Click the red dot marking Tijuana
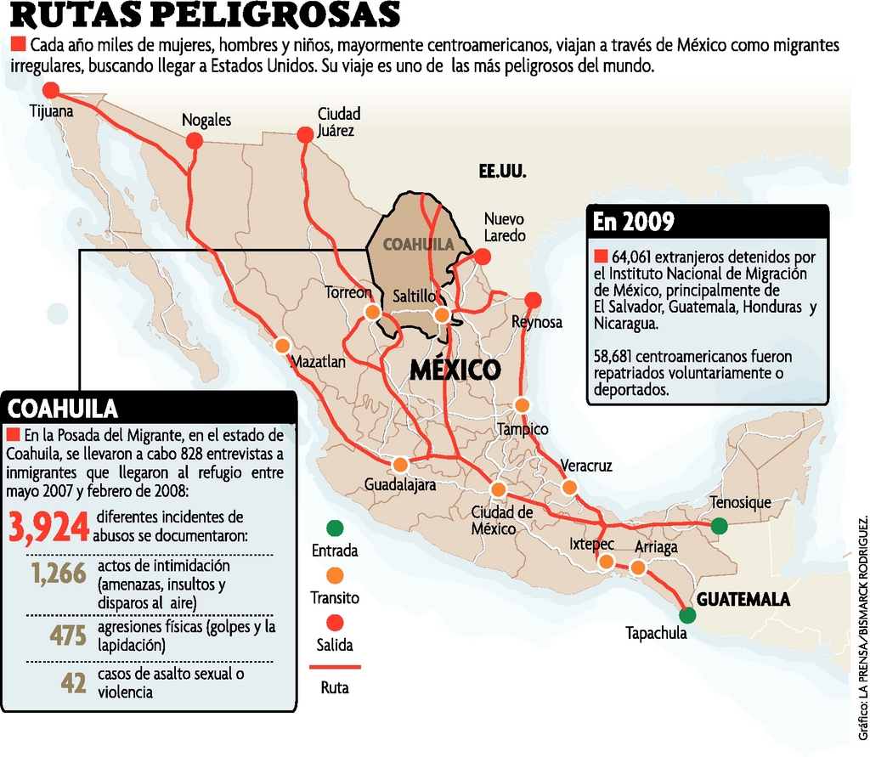point(51,90)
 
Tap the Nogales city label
point(206,121)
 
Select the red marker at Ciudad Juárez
point(304,134)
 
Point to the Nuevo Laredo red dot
point(483,256)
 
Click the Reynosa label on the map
point(536,322)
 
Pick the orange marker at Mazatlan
point(282,345)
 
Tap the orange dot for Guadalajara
point(400,465)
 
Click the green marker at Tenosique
point(719,526)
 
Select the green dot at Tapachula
point(687,615)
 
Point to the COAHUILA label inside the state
point(414,244)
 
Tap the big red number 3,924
point(49,527)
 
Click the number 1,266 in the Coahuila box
point(59,574)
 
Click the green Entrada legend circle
point(334,528)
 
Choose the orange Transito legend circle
point(334,575)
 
